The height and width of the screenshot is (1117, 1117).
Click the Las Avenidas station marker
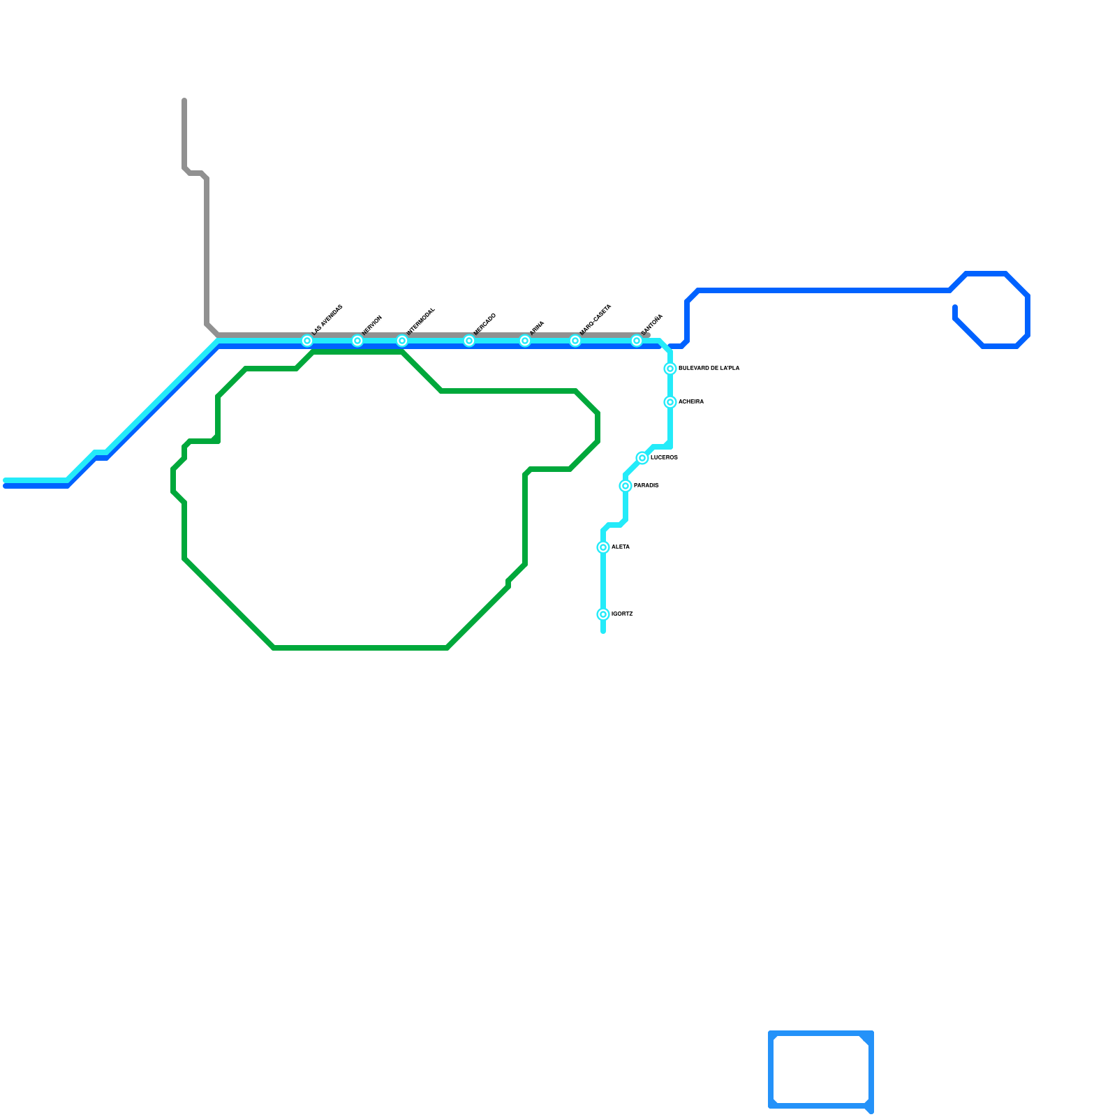(307, 341)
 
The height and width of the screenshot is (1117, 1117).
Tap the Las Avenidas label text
(327, 320)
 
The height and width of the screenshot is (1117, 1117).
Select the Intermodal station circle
(402, 341)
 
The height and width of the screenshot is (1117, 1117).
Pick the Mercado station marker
(469, 341)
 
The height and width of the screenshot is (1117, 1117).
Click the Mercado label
(484, 324)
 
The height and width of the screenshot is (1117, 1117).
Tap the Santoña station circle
(637, 341)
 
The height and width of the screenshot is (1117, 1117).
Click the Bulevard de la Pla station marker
(670, 369)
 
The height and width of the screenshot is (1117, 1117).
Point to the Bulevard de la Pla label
(709, 368)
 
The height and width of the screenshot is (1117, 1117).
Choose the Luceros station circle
(642, 458)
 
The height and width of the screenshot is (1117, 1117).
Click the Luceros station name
(664, 457)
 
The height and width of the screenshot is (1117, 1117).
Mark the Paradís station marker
(626, 486)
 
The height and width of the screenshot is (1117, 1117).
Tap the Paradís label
(646, 485)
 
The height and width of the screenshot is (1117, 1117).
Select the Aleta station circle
(603, 547)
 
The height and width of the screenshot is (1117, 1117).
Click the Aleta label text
(621, 547)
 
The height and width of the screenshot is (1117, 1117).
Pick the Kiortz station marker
(603, 614)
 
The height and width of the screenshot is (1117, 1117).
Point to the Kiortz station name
(622, 614)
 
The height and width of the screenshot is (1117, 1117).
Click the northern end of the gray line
(184, 101)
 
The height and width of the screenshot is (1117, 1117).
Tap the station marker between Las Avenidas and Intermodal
(357, 341)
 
